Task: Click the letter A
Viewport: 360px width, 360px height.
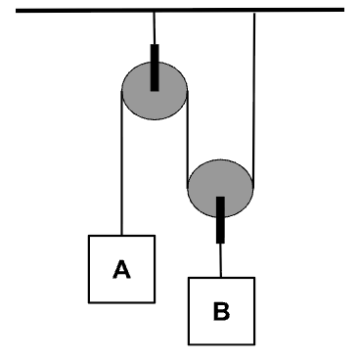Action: pos(121,269)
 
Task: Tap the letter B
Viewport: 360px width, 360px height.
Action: pos(221,311)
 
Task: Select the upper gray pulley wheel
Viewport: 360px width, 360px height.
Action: pos(155,91)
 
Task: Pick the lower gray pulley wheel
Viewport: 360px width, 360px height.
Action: pos(220,189)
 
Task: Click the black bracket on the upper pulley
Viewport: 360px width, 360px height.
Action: pos(155,67)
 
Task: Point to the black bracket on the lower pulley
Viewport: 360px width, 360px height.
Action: pos(220,220)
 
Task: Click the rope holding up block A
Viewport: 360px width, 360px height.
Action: pos(121,163)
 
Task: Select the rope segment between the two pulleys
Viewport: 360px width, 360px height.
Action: pos(188,140)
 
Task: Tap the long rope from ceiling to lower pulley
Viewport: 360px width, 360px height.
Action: pos(254,101)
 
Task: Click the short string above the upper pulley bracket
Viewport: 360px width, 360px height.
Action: pos(155,28)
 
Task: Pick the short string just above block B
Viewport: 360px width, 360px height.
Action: pos(221,260)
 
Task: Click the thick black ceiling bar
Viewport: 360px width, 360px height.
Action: pos(180,11)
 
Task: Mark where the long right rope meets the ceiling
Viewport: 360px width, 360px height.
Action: pos(254,13)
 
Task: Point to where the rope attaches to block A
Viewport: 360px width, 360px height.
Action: pos(121,235)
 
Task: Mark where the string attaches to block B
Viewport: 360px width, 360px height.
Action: pos(221,278)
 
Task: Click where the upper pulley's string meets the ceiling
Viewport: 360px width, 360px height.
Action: pos(155,13)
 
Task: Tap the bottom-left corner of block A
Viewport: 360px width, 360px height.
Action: pos(89,302)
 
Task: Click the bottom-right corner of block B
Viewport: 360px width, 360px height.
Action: pos(254,344)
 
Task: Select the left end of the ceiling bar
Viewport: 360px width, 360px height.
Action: pos(16,11)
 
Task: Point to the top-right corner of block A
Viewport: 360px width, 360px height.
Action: pos(155,236)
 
